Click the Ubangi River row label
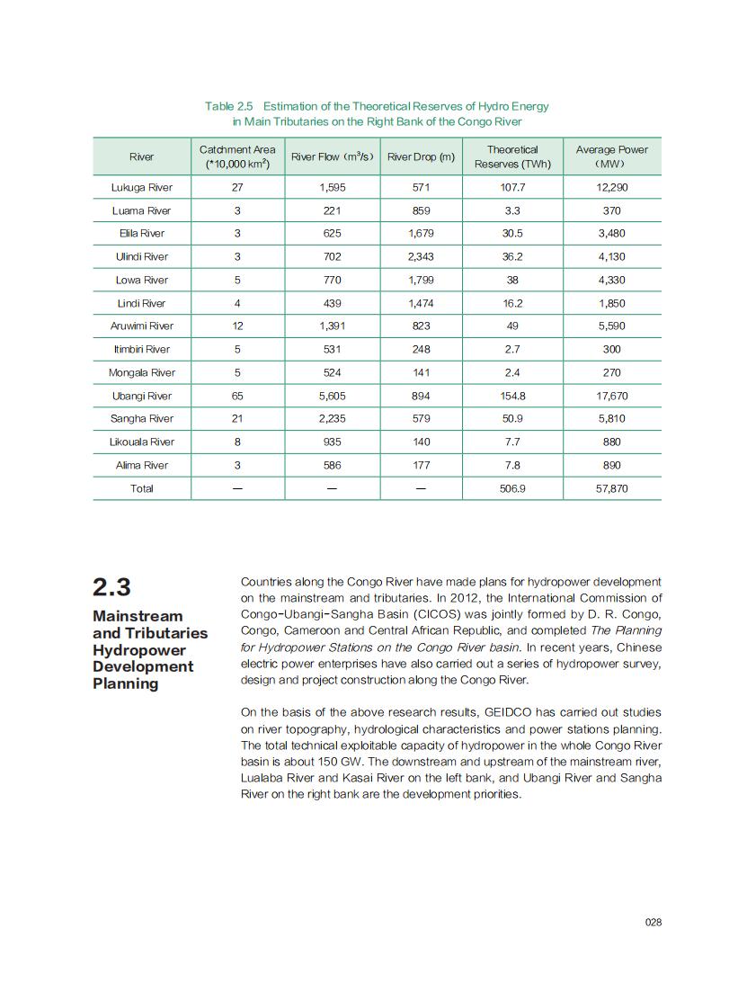pyautogui.click(x=141, y=396)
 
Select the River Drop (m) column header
pyautogui.click(x=421, y=156)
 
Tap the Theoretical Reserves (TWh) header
pyautogui.click(x=512, y=156)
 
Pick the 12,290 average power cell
pyautogui.click(x=611, y=187)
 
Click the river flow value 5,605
pyautogui.click(x=332, y=396)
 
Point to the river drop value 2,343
pyautogui.click(x=421, y=256)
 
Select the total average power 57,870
pyautogui.click(x=611, y=488)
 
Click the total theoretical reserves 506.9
pyautogui.click(x=512, y=488)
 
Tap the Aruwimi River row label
pyautogui.click(x=141, y=326)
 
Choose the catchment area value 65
pyautogui.click(x=237, y=396)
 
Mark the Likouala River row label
pyautogui.click(x=141, y=442)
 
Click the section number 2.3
pyautogui.click(x=111, y=587)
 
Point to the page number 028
pyautogui.click(x=654, y=922)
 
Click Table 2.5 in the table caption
pyautogui.click(x=229, y=106)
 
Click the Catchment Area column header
pyautogui.click(x=237, y=156)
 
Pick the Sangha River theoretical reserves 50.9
pyautogui.click(x=512, y=418)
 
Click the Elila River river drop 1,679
pyautogui.click(x=421, y=233)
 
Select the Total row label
pyautogui.click(x=141, y=488)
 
